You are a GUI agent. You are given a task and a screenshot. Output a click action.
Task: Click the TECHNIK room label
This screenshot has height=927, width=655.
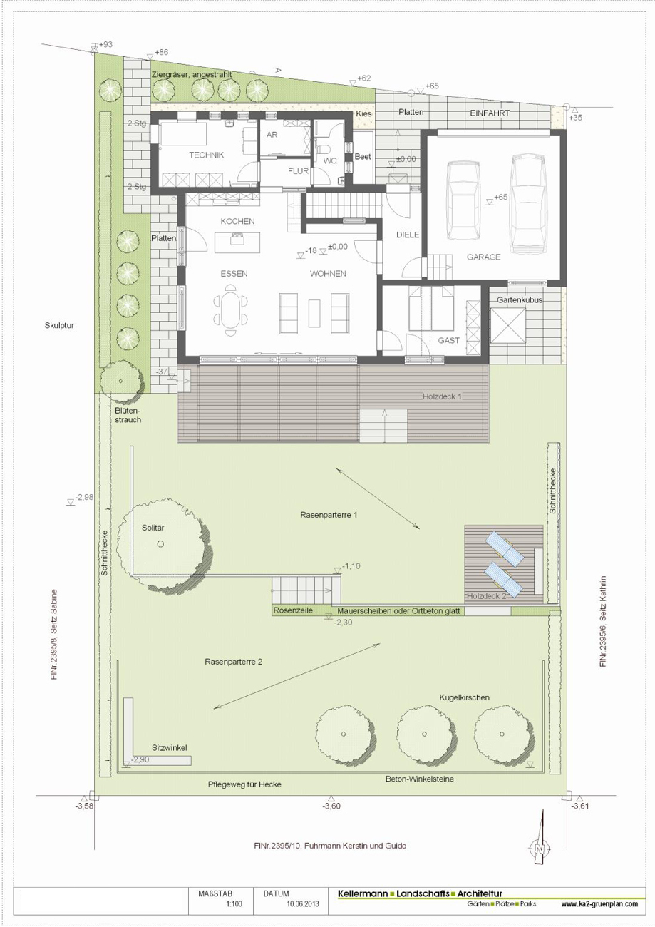207,155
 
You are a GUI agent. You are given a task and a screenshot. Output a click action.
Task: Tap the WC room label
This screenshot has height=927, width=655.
330,161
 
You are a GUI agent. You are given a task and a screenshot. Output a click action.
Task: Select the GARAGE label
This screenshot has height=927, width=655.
484,257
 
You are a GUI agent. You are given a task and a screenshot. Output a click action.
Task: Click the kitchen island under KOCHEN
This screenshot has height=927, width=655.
237,242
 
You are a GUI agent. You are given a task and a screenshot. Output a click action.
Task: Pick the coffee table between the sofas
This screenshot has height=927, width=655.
314,313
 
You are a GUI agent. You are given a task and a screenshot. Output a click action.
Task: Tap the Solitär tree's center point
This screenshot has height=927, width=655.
160,544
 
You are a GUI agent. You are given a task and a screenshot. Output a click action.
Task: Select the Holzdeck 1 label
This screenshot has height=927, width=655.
442,396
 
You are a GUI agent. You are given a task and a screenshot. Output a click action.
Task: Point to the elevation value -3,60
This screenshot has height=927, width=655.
331,806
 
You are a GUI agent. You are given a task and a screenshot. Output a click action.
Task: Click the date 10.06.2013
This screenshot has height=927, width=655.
303,904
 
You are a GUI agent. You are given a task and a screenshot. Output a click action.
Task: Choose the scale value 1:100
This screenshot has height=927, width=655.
234,904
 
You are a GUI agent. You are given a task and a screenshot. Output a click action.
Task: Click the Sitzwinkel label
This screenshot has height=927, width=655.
170,748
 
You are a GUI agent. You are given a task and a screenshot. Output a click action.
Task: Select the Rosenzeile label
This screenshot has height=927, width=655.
293,610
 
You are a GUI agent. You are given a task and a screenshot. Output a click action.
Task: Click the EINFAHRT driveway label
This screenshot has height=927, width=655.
490,113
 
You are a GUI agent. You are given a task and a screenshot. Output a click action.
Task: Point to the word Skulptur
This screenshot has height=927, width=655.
59,326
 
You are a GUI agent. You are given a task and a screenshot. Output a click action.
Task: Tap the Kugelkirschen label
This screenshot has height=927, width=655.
465,697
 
